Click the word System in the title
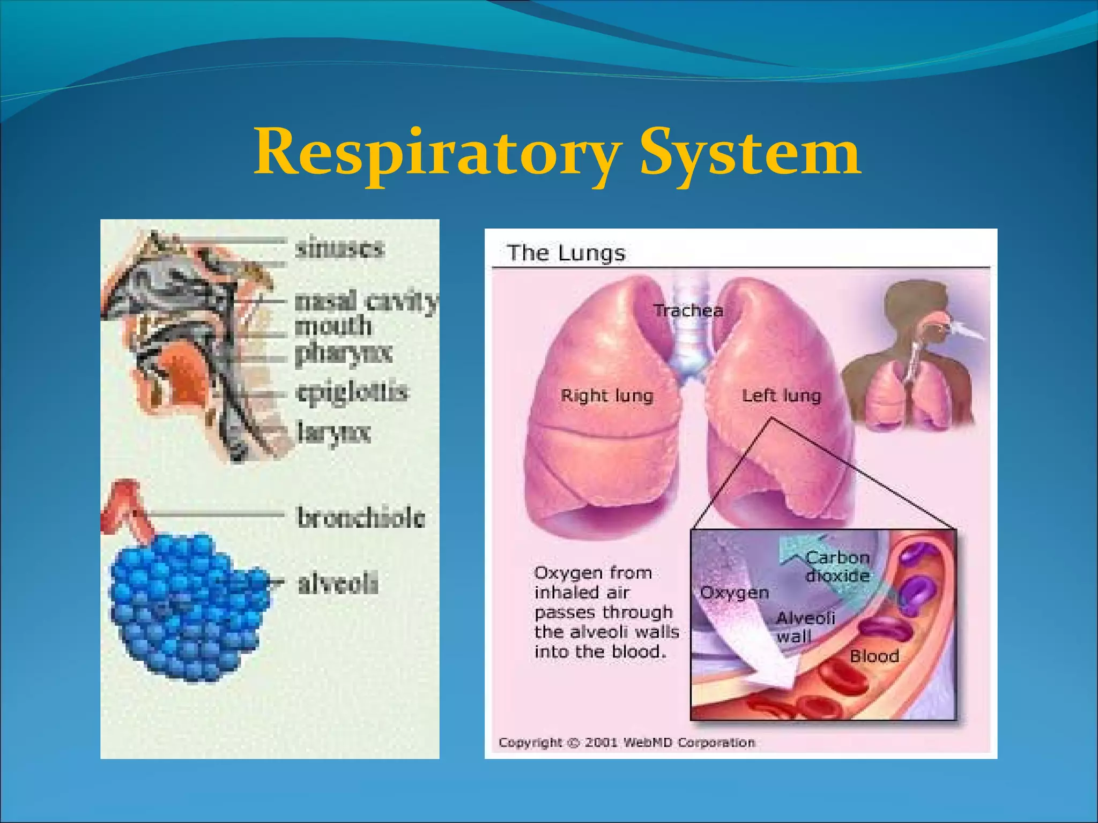(x=751, y=153)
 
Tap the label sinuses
(x=340, y=248)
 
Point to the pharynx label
(x=344, y=354)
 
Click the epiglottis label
(x=352, y=392)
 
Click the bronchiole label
(x=361, y=518)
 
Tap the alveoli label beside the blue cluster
(x=338, y=583)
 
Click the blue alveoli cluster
(x=188, y=608)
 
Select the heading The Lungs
(x=566, y=253)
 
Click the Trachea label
(x=688, y=311)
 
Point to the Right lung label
(x=607, y=396)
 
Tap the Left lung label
(x=781, y=396)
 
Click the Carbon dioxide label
(x=837, y=566)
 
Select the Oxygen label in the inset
(x=735, y=593)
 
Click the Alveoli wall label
(x=805, y=627)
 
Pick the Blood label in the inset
(x=874, y=656)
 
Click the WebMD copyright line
(x=627, y=743)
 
